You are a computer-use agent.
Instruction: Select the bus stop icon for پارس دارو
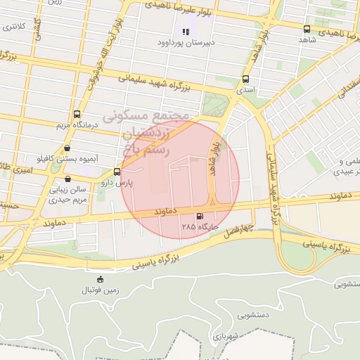(x=117, y=172)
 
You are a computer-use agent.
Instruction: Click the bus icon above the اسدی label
(x=245, y=79)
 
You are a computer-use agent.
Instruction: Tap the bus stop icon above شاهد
(x=307, y=29)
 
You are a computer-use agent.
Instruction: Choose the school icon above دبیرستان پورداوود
(x=186, y=31)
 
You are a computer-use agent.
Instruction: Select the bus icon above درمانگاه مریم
(x=77, y=114)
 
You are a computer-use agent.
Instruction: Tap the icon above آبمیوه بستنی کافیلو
(x=67, y=148)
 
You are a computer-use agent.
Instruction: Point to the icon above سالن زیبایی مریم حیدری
(x=67, y=179)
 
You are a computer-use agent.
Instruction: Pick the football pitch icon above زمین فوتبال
(x=100, y=279)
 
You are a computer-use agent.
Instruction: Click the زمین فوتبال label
(x=100, y=290)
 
